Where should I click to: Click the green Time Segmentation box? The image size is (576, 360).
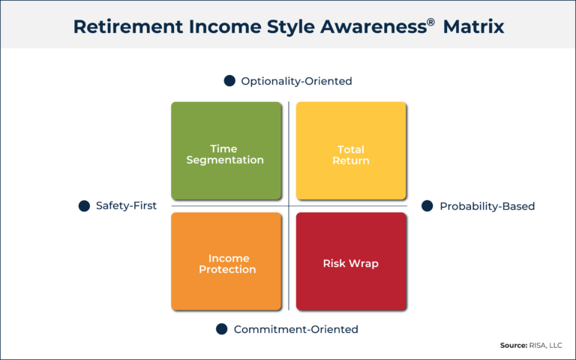pos(226,151)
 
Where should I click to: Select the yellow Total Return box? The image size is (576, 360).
pos(351,151)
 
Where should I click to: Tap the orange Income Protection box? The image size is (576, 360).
pos(226,262)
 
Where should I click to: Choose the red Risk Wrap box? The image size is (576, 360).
pos(351,262)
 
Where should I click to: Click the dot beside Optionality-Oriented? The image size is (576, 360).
pos(229,81)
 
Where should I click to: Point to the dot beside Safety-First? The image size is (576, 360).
pos(85,205)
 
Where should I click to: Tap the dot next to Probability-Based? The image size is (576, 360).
pos(427,205)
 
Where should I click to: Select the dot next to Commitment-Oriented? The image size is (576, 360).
pos(221,329)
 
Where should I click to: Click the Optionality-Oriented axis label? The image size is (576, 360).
pos(296,81)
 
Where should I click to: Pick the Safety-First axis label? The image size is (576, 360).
pos(126,205)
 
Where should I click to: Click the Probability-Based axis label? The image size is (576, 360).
pos(487,205)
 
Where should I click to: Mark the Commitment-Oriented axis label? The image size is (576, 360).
pos(295,329)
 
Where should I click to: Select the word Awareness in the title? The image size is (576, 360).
pos(373,27)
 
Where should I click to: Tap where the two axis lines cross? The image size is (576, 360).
pos(289,205)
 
